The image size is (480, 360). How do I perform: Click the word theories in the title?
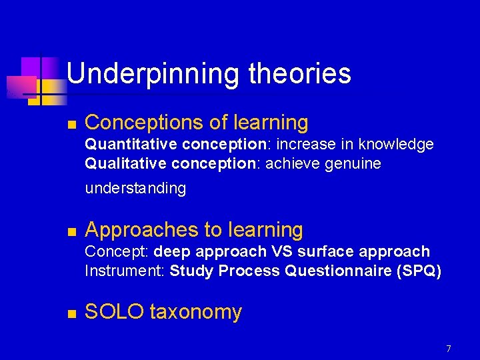299,73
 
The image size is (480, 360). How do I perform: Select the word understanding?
135,189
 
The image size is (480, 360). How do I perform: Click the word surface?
325,252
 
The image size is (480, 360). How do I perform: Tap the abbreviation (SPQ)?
418,271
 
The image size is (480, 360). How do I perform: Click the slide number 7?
449,349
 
